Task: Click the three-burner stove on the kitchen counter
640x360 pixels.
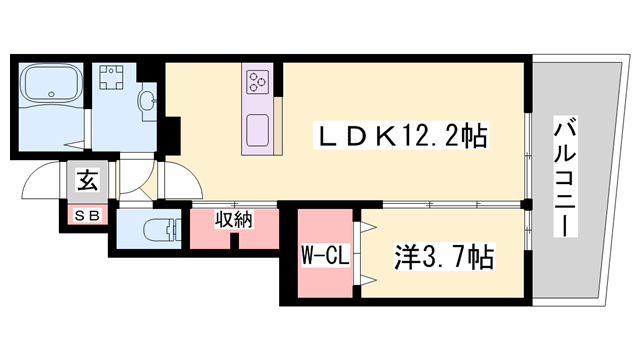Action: (257, 81)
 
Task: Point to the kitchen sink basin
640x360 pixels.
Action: (257, 128)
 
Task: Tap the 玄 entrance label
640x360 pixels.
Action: (88, 182)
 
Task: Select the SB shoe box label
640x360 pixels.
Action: (87, 214)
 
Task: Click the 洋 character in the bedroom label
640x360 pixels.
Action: (404, 257)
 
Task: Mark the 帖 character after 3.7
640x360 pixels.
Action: (482, 257)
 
